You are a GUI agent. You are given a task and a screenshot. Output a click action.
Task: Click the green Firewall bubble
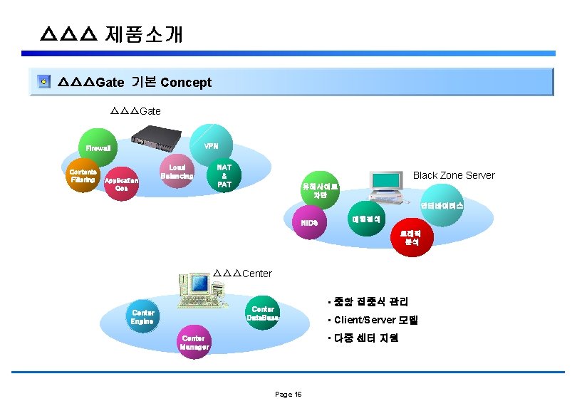98,148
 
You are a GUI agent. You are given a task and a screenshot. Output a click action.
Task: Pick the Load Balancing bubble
176,171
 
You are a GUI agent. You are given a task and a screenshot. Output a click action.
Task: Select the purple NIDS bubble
310,223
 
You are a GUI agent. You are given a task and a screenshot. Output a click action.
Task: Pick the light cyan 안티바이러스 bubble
442,206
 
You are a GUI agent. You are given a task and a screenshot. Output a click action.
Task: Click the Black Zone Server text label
454,175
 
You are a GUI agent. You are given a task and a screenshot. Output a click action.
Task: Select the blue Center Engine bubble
143,317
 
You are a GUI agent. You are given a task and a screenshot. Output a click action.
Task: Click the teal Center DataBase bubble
262,313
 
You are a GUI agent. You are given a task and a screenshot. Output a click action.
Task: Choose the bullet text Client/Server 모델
375,320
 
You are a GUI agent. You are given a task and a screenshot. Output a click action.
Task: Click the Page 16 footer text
288,395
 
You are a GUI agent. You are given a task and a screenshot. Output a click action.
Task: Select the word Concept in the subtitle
186,83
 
